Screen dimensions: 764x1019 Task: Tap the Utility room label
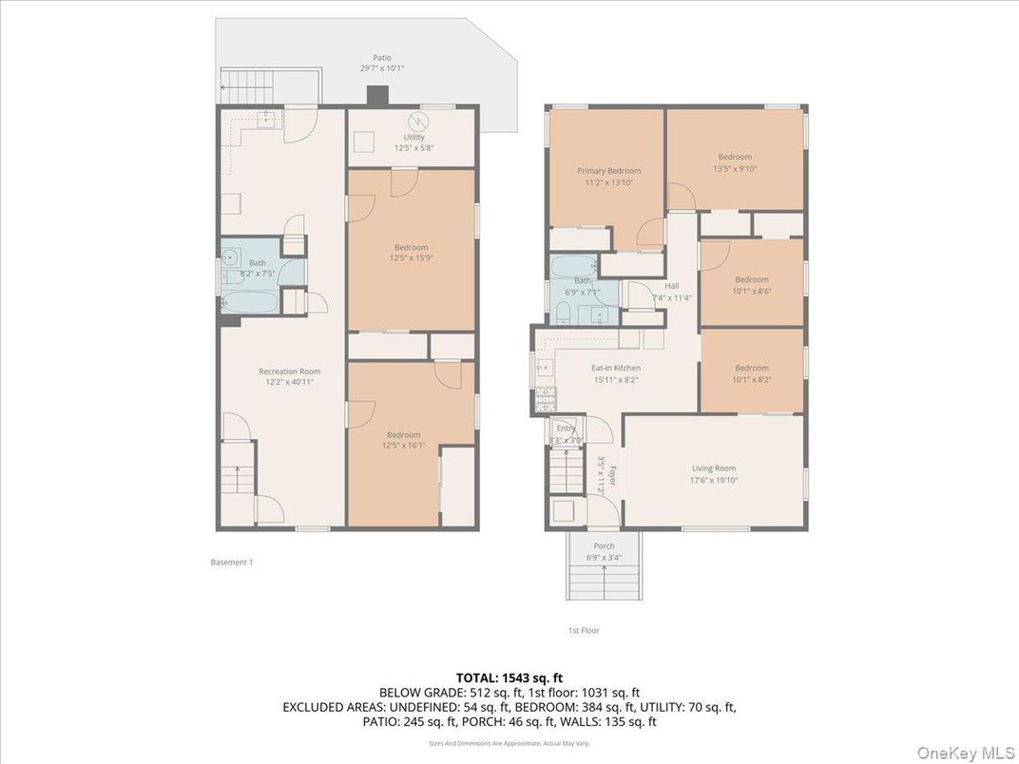pos(413,138)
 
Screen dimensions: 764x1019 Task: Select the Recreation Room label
pos(289,372)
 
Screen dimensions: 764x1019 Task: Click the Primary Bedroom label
pos(608,171)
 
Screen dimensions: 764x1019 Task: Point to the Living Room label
pos(713,468)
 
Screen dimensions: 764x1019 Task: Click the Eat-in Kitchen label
pos(616,368)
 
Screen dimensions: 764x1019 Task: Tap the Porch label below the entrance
pos(604,546)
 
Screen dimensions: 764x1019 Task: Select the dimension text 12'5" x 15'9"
pos(412,258)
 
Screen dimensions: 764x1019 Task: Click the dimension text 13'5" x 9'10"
pos(735,168)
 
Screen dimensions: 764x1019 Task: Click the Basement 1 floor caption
pos(231,563)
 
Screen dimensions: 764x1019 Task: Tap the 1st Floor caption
pos(585,630)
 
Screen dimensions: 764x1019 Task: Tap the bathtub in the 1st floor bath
pos(571,268)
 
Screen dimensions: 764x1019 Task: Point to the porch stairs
pos(604,576)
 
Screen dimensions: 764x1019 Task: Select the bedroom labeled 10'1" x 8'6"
pos(751,284)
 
